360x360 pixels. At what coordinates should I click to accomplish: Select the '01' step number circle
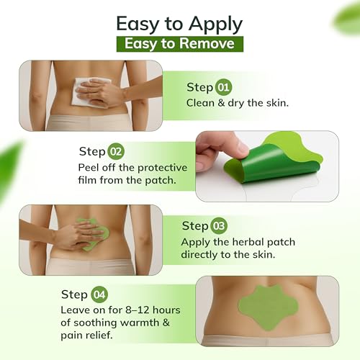coord(223,87)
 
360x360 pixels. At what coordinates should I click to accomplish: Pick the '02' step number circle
coord(116,151)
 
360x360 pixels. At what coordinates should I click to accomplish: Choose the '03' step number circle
coord(220,226)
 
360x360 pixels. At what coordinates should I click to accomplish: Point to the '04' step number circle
coord(99,294)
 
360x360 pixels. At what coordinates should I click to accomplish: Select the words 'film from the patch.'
coord(127,180)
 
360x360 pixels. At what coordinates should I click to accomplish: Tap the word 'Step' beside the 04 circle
coord(75,294)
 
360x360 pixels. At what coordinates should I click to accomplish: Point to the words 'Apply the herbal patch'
coord(238,242)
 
